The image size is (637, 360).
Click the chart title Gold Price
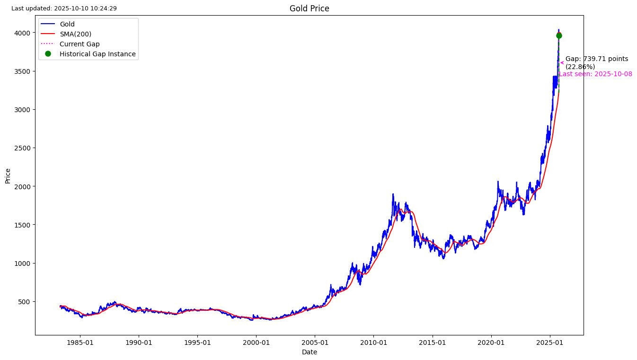[x=309, y=9]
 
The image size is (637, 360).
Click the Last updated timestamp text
[x=64, y=9]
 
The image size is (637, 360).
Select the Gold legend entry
[x=67, y=24]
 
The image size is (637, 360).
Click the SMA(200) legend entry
[x=75, y=34]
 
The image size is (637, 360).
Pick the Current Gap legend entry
[x=80, y=44]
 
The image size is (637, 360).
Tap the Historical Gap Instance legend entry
[x=97, y=54]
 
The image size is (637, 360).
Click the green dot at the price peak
[x=559, y=35]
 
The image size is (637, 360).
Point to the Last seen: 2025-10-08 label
[x=595, y=74]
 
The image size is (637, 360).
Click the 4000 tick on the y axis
[x=23, y=33]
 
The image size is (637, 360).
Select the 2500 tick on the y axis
[x=23, y=148]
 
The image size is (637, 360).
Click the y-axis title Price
[x=8, y=176]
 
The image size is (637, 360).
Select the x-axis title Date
[x=309, y=352]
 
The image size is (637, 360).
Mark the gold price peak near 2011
[x=393, y=194]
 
